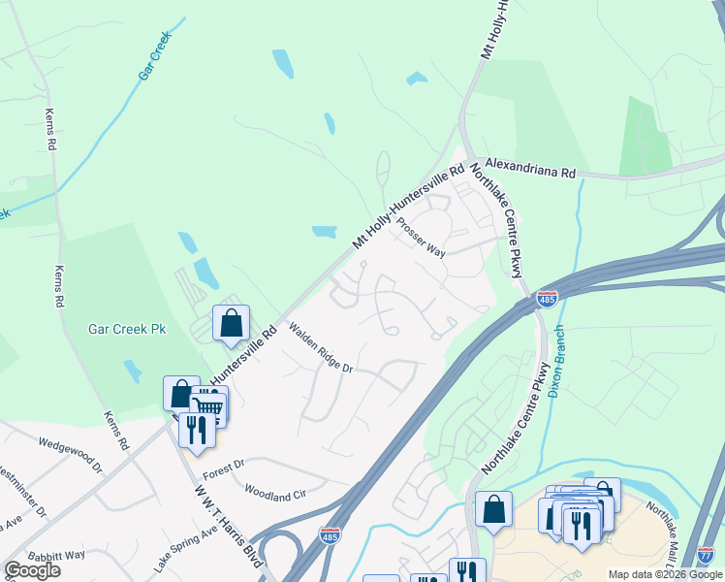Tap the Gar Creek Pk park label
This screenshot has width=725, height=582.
tap(128, 329)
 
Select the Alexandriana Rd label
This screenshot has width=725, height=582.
tap(530, 167)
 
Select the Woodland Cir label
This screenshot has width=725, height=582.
tap(275, 493)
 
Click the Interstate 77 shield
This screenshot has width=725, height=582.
tap(706, 554)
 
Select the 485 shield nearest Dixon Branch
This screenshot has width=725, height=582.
tap(548, 300)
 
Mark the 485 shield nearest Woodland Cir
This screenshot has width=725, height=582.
tap(331, 534)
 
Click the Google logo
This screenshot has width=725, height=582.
tap(33, 570)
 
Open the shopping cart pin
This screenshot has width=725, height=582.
tap(208, 407)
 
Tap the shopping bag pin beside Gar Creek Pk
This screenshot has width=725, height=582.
tap(232, 324)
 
